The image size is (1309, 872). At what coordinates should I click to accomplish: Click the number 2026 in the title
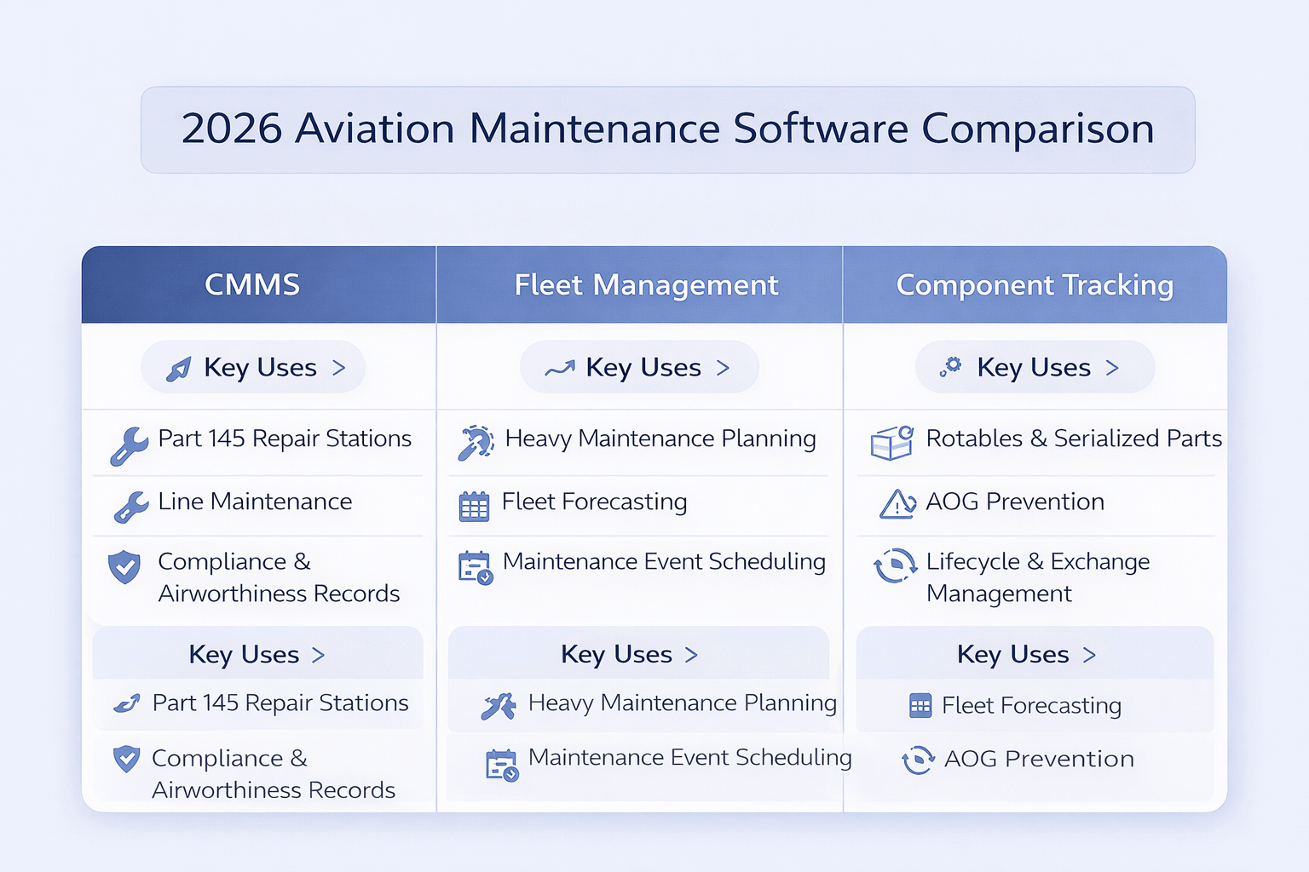click(232, 129)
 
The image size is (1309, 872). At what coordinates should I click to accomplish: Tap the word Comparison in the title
click(1038, 129)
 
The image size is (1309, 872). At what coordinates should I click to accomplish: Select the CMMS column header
click(252, 285)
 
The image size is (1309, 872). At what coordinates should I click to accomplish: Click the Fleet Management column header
click(646, 285)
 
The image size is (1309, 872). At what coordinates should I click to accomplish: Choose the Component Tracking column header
click(1035, 285)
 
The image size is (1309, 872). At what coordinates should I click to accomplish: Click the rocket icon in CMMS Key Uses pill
click(179, 369)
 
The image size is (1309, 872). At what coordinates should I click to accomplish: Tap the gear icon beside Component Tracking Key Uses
click(951, 367)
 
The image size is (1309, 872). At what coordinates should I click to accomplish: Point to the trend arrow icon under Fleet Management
click(560, 369)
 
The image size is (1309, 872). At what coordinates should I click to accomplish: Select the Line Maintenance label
click(255, 502)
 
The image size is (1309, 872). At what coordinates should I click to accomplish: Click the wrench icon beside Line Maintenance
click(131, 507)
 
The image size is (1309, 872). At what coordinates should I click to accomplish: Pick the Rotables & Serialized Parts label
click(1074, 439)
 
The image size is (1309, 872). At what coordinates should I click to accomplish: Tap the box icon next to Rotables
click(891, 444)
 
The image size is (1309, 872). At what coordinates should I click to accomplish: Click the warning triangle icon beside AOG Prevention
click(897, 504)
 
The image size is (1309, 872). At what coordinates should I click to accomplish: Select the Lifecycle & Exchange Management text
click(1038, 577)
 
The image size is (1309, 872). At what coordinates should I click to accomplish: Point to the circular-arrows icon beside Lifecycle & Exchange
click(894, 565)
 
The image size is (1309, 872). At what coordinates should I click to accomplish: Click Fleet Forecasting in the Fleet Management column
click(594, 502)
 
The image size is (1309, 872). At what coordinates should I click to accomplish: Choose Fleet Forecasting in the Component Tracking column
click(1031, 706)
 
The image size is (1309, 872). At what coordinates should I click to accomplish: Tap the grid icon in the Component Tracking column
click(920, 706)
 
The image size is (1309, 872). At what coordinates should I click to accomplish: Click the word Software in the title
click(821, 129)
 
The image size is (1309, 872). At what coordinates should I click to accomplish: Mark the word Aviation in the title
click(375, 129)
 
